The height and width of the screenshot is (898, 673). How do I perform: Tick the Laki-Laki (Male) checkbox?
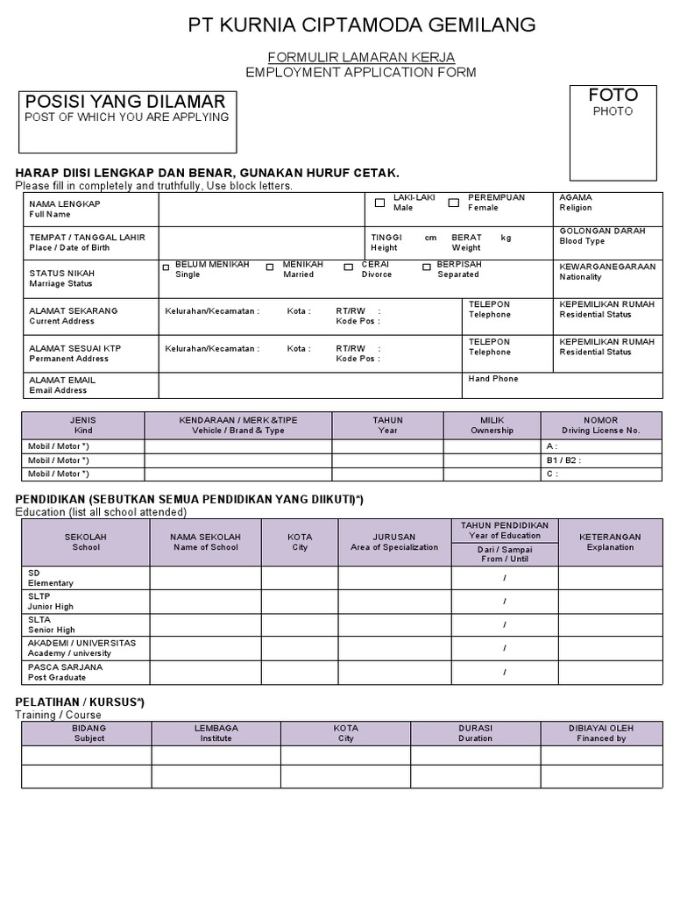(379, 203)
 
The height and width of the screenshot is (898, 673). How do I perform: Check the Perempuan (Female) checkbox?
(454, 203)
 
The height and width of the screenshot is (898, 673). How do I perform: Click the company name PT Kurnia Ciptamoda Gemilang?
(362, 25)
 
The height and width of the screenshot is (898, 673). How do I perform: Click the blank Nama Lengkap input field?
(261, 210)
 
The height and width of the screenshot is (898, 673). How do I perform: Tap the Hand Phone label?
(493, 379)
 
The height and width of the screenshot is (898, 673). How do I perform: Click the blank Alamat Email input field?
(310, 385)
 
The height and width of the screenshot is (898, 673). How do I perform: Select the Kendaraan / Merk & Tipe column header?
(238, 425)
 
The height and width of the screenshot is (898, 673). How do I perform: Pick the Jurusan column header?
(393, 541)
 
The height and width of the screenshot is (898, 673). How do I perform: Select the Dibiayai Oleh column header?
(601, 733)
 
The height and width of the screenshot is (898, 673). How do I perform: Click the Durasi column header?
(475, 733)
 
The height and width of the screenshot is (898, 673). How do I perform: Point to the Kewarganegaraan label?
(606, 271)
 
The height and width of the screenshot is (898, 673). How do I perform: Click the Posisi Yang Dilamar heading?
(125, 102)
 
